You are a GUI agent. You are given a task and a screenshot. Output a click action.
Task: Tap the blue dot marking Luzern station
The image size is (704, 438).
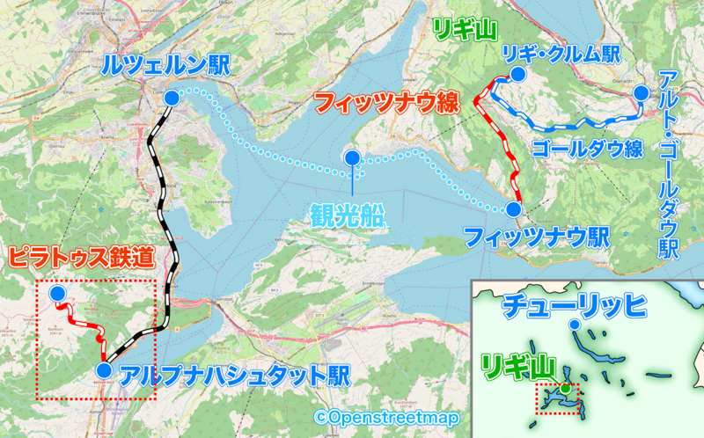(x=172, y=98)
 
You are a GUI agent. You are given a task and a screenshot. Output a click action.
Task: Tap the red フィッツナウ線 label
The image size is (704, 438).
(x=388, y=105)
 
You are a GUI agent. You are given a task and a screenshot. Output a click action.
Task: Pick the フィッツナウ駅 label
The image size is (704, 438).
(x=537, y=237)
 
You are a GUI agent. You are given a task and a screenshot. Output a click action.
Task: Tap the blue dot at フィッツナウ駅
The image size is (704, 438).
(x=513, y=208)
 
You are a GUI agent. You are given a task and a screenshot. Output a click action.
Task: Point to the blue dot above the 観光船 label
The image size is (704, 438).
(x=351, y=158)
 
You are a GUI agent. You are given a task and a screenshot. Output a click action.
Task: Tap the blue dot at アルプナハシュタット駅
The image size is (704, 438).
(x=104, y=371)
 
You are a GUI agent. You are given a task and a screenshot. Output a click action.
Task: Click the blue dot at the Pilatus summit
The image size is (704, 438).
(x=57, y=293)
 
